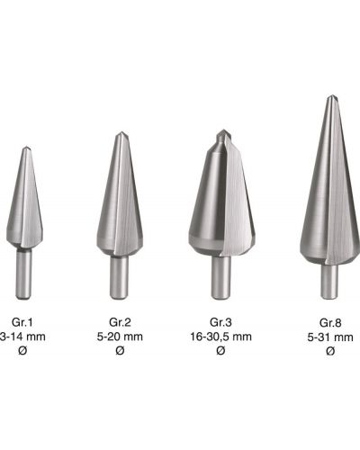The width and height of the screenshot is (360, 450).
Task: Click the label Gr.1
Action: click(22, 322)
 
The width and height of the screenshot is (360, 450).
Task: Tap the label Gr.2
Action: click(120, 322)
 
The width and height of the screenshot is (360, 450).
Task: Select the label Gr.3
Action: click(220, 322)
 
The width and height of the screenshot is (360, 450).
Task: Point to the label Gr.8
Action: click(330, 323)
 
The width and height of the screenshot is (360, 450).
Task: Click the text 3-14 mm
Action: click(22, 337)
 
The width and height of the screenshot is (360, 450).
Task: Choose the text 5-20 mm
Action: click(120, 337)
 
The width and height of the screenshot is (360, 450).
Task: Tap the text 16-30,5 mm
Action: click(220, 337)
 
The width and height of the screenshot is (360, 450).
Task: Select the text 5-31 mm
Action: click(330, 337)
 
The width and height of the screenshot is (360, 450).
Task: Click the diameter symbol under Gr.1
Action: click(22, 350)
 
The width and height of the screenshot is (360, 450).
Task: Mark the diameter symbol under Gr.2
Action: click(120, 350)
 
